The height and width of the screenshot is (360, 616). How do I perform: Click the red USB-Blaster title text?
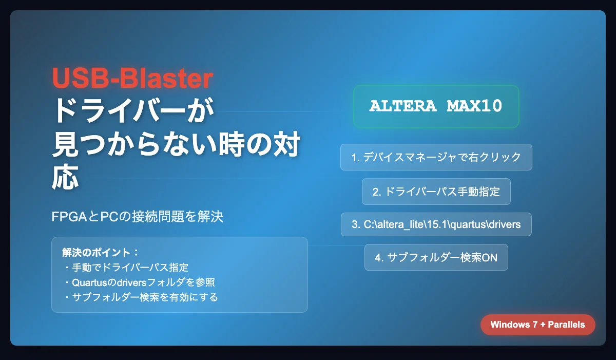132,78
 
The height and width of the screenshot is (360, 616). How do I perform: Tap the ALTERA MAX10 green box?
436,106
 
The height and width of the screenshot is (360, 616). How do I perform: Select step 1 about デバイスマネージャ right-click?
436,157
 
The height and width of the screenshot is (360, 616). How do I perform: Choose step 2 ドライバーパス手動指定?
436,192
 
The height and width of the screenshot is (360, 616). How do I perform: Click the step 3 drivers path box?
436,224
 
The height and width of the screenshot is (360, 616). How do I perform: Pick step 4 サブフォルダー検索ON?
436,257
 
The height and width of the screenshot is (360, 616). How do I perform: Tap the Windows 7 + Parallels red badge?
537,325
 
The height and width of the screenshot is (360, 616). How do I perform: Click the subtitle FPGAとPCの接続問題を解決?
138,216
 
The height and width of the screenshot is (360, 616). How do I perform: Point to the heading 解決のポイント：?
101,253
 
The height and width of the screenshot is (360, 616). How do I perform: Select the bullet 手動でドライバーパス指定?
126,268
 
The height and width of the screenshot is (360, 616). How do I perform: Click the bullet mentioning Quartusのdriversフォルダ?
140,282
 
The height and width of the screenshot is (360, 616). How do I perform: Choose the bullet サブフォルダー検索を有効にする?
141,297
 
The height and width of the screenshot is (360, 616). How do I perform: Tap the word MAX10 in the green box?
474,106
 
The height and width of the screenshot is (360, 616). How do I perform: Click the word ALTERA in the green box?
402,106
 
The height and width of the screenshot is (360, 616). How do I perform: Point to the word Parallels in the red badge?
566,325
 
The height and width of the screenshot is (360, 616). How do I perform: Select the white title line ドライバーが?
133,110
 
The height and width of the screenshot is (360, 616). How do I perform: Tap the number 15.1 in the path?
437,224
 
